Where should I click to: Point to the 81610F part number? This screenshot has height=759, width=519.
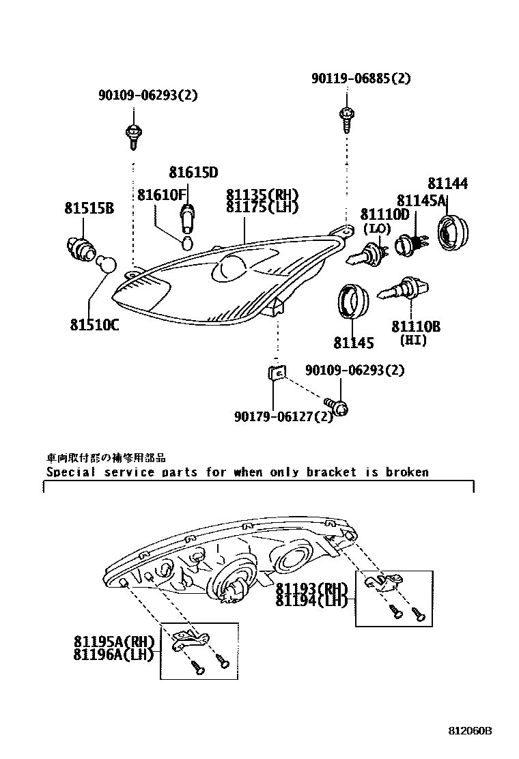coord(161,195)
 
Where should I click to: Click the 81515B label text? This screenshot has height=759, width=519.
coord(89,208)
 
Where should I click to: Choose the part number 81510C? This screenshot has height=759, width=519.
coord(94,324)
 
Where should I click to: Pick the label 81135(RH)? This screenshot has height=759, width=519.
coord(262,195)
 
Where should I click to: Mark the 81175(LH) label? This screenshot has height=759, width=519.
coord(262,207)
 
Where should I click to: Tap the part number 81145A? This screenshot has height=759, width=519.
coord(421,200)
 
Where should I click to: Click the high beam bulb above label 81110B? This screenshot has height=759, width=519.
coord(404,290)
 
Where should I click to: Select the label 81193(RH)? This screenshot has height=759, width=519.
coord(311,588)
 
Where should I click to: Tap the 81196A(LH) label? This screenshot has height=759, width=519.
coord(114,655)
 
